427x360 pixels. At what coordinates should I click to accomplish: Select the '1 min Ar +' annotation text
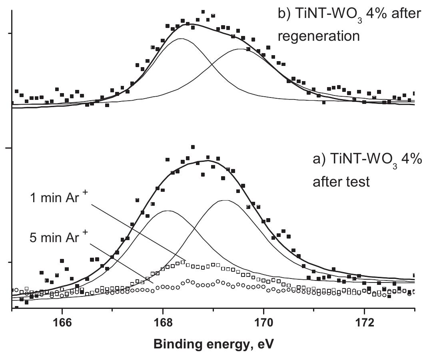click(58, 198)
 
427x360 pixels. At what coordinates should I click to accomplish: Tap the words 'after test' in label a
click(341, 182)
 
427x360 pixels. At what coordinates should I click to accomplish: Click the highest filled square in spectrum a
click(193, 147)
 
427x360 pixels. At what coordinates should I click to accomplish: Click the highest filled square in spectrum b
click(203, 12)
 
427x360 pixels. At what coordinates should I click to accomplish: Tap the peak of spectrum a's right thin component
click(226, 200)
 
